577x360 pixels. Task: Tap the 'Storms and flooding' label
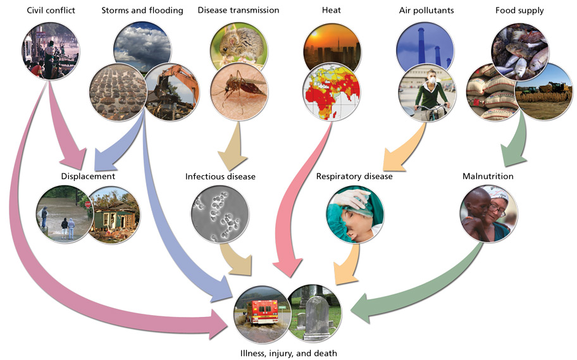click(142, 10)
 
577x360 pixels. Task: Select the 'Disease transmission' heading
click(238, 10)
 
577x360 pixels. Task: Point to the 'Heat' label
click(332, 10)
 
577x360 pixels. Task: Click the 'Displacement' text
click(88, 177)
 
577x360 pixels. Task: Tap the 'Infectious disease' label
click(220, 177)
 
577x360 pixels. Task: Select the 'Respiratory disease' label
click(354, 177)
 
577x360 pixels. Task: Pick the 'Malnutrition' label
click(488, 177)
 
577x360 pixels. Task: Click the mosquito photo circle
click(236, 92)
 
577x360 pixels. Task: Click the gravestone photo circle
click(314, 311)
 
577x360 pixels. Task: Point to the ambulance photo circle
click(261, 311)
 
